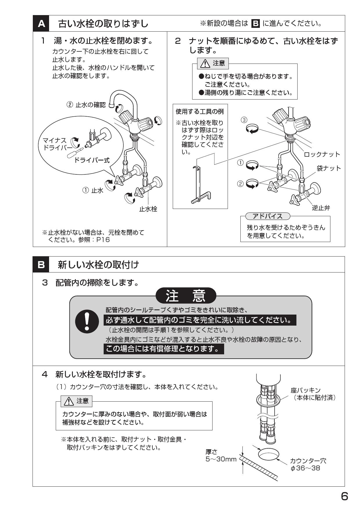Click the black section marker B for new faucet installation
pos(41,265)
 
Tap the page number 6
pos(344,497)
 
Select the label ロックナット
pos(322,154)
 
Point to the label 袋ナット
pos(329,168)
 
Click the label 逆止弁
pos(321,208)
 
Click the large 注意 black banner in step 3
pos(186,296)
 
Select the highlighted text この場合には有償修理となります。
pos(163,349)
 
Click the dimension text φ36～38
pos(305,468)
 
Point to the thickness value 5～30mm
pos(221,459)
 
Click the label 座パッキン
pos(306,390)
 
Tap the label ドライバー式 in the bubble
pos(92,160)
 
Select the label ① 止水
pos(93,191)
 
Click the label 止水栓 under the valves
pos(148,209)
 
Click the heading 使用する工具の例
pos(200,112)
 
